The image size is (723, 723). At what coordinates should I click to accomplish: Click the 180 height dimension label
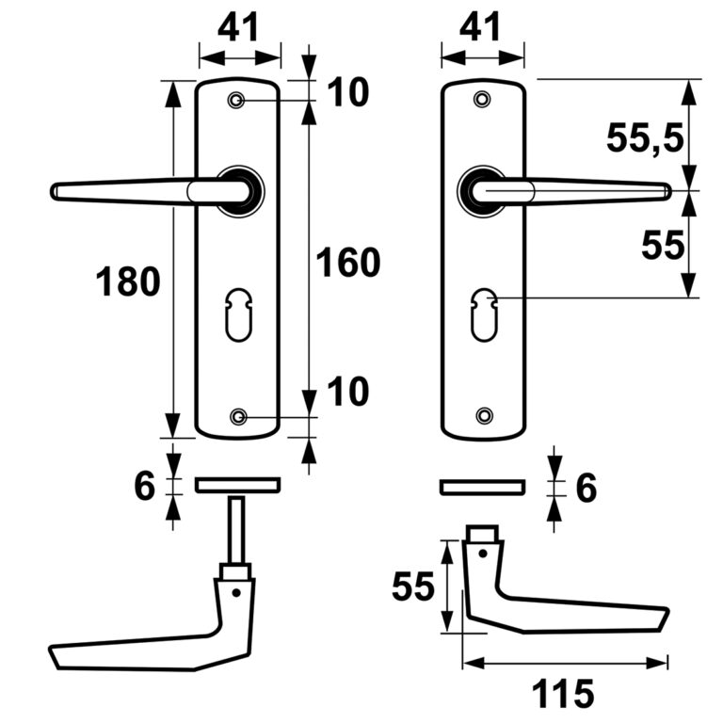click(x=128, y=281)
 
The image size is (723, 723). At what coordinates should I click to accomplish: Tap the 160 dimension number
click(x=348, y=263)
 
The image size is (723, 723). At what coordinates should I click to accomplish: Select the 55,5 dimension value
click(x=645, y=138)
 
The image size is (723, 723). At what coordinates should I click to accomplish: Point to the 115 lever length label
click(x=563, y=693)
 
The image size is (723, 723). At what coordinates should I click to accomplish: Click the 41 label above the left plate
click(x=239, y=27)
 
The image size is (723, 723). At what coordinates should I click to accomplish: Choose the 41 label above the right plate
click(x=480, y=27)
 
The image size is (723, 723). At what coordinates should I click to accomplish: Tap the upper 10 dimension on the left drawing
click(x=348, y=92)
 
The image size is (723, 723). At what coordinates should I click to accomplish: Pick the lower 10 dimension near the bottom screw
click(x=348, y=392)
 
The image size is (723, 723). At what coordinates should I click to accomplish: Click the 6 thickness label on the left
click(x=145, y=486)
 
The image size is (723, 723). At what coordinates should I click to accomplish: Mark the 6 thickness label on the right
click(x=586, y=488)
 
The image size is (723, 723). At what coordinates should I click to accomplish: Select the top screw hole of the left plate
click(x=236, y=100)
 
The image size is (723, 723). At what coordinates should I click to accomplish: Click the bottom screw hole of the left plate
click(x=238, y=417)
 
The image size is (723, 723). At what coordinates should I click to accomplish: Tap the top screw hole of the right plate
click(x=483, y=99)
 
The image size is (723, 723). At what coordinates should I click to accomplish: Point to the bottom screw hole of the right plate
click(x=484, y=416)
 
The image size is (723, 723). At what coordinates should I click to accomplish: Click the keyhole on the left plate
click(x=239, y=315)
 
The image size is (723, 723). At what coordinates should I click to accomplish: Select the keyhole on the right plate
click(x=484, y=315)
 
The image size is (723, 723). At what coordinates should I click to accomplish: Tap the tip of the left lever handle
click(x=52, y=191)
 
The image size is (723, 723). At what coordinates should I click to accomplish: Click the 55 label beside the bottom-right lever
click(x=413, y=586)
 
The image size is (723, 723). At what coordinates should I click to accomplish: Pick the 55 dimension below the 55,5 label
click(x=663, y=246)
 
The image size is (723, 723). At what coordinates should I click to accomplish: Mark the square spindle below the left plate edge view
click(x=236, y=531)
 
